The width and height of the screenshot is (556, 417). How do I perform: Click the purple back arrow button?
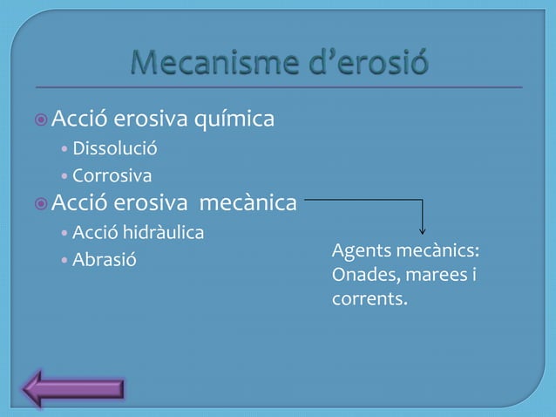pyautogui.click(x=73, y=388)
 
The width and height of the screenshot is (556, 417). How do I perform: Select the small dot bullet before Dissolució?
pyautogui.click(x=65, y=148)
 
